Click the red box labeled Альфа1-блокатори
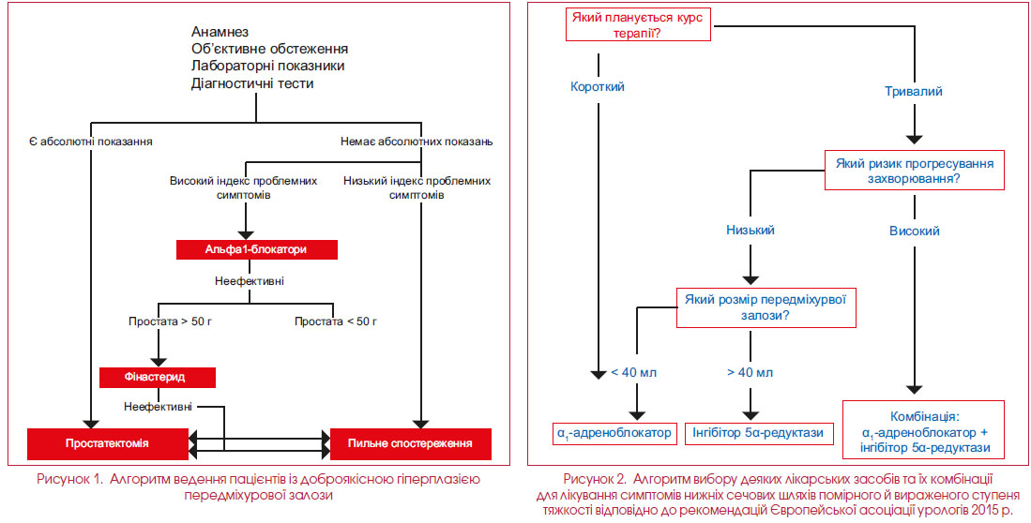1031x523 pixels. tap(257, 249)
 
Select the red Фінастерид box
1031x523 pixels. tap(158, 377)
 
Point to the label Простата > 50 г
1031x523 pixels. tap(170, 321)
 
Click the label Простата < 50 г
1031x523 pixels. tap(336, 321)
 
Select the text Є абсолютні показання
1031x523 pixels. tap(91, 141)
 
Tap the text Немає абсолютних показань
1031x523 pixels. tap(417, 141)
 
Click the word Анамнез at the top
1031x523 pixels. tap(220, 32)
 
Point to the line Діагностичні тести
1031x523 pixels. tap(252, 83)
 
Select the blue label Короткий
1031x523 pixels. tap(598, 87)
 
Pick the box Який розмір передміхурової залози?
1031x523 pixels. tap(766, 306)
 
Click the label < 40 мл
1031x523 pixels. tap(634, 373)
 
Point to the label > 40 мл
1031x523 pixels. tap(751, 373)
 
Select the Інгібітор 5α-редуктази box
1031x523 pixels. tap(754, 433)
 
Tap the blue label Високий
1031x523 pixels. tap(915, 232)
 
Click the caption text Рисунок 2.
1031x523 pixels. tap(591, 478)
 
